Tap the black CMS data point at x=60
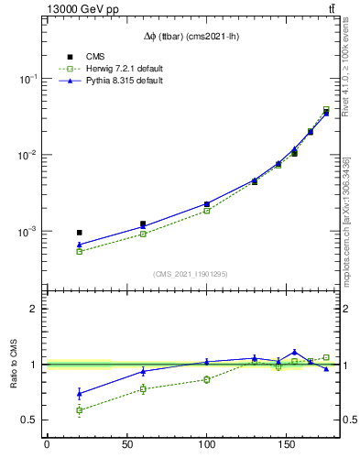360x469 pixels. point(143,224)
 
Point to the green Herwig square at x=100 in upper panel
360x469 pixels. point(207,211)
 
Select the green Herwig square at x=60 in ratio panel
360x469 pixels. point(143,389)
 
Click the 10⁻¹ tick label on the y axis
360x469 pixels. point(30,80)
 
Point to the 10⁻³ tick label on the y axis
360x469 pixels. point(30,232)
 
